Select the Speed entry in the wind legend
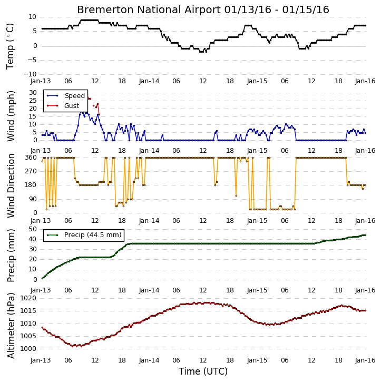coord(74,96)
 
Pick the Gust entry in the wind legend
coord(72,106)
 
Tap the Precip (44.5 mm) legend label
coord(93,235)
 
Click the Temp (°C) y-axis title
coord(10,46)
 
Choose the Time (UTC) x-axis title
coord(203,371)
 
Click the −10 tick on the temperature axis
coord(30,74)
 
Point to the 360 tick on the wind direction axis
coord(31,158)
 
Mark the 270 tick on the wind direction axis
coord(31,171)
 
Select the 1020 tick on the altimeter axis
coord(28,298)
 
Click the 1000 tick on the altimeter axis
coord(28,349)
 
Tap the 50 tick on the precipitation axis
coord(33,229)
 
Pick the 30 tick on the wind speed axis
coord(33,93)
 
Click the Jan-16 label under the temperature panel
coord(365,81)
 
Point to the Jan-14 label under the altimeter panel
coord(149,360)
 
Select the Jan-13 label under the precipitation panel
coord(41,290)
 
